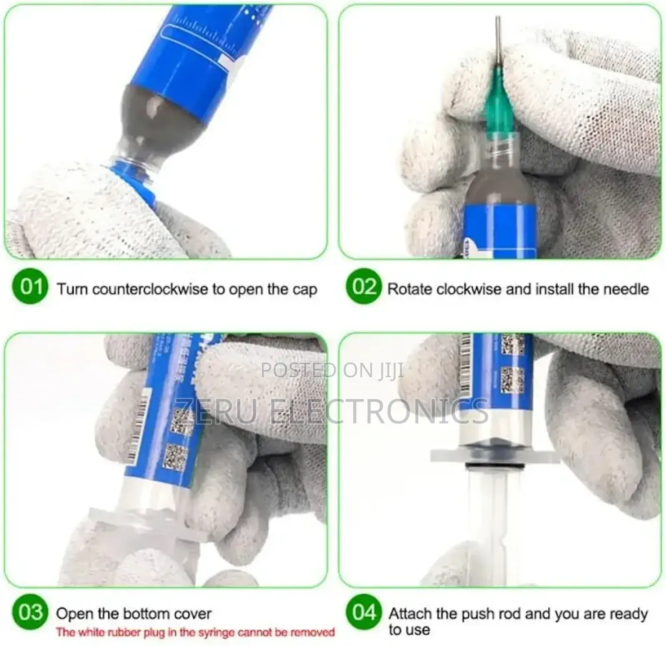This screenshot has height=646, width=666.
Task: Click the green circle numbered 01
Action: click(30, 286)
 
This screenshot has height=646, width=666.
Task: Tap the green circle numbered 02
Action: click(363, 286)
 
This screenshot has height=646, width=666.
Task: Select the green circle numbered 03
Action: click(30, 612)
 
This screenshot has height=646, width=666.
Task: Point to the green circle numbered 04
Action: click(363, 612)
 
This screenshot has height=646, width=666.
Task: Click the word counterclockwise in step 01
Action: click(150, 289)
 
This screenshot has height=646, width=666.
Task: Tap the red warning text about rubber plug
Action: click(196, 632)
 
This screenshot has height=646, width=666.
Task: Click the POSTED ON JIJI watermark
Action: click(332, 370)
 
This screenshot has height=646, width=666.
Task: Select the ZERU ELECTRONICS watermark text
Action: click(332, 411)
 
